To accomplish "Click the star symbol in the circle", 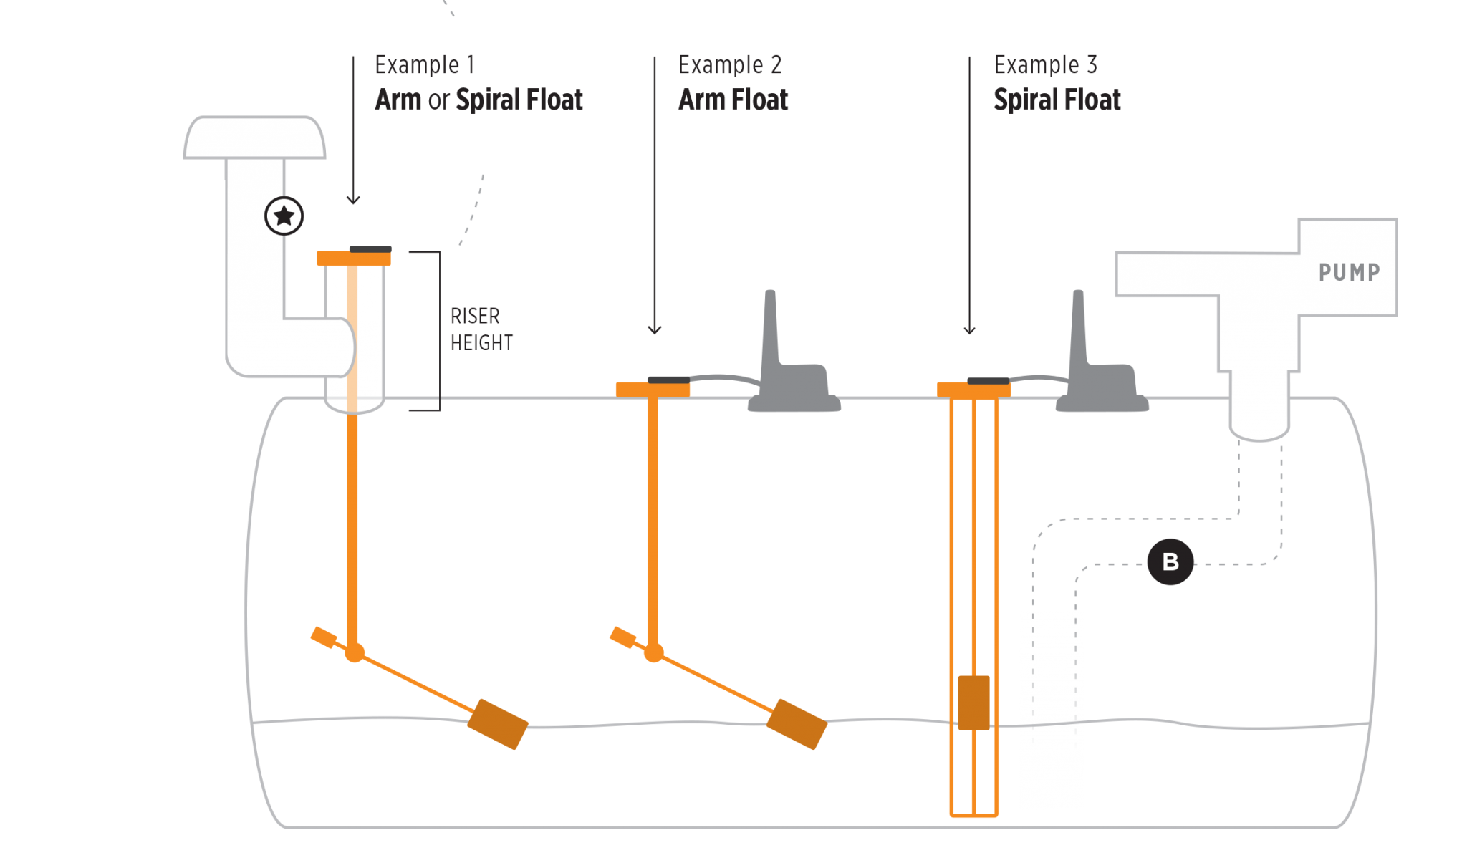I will click(x=284, y=216).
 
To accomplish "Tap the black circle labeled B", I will click(x=1170, y=562).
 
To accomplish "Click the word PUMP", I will click(x=1350, y=272).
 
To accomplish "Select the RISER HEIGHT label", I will click(x=481, y=329).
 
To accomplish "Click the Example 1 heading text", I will click(x=424, y=65).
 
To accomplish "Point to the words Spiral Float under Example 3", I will click(x=1057, y=100).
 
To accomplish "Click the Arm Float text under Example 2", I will click(x=733, y=100).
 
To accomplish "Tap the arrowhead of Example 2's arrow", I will click(x=654, y=329).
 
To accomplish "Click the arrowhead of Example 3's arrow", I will click(x=969, y=329).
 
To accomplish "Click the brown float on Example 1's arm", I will click(x=497, y=724).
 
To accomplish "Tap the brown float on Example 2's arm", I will click(x=797, y=724).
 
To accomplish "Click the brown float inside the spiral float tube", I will click(x=973, y=702).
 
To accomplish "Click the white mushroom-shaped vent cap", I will click(x=254, y=138).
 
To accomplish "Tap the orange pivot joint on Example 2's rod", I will click(x=653, y=652).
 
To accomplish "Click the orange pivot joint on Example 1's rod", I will click(x=354, y=652).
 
